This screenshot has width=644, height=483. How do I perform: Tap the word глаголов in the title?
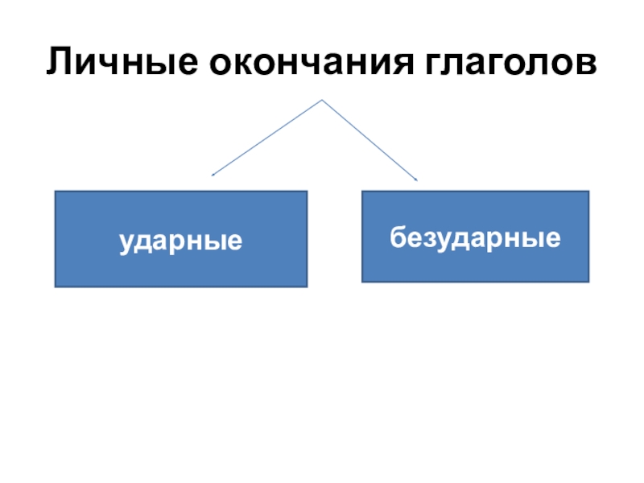point(510,62)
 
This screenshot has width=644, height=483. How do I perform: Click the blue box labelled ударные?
point(181,239)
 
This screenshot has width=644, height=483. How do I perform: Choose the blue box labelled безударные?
point(475,237)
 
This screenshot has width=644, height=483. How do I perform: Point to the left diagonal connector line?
point(267,137)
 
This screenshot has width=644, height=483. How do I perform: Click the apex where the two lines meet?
point(322,101)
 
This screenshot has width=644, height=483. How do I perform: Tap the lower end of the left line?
point(212,174)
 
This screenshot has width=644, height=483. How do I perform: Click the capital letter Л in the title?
point(58,62)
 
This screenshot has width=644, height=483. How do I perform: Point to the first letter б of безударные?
point(397,237)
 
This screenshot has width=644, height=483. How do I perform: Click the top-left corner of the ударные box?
point(55,192)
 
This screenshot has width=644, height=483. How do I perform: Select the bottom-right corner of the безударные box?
point(588,282)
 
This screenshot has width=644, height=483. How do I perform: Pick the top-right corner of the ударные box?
point(308,192)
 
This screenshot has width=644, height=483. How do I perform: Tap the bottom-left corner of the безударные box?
point(362,282)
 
